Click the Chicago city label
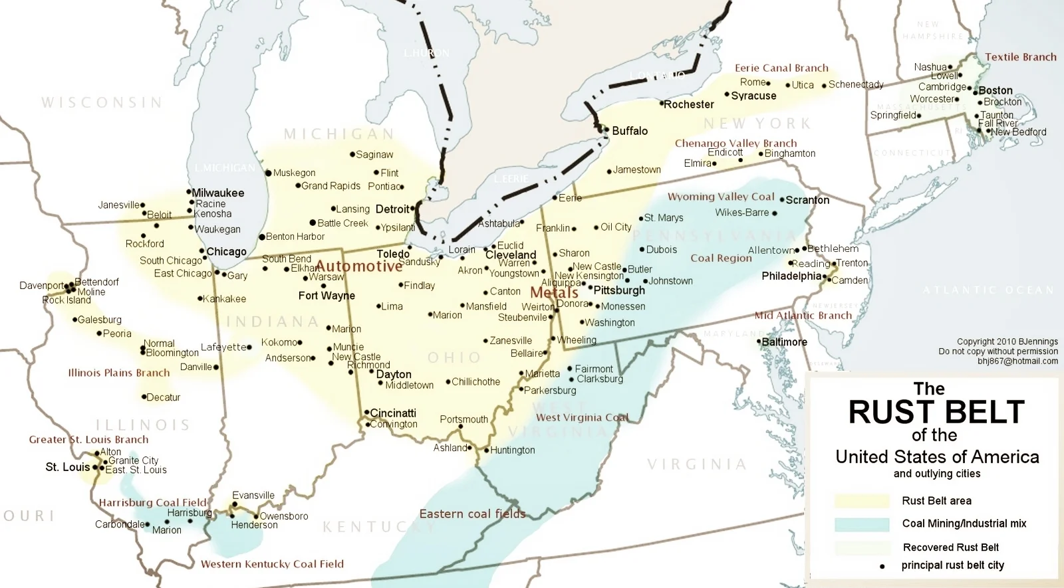click(226, 252)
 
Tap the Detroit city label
click(392, 209)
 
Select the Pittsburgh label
click(619, 290)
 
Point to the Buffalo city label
click(629, 131)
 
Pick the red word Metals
click(554, 293)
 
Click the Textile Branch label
click(1020, 57)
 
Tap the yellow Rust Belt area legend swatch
click(861, 501)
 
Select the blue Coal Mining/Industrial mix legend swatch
click(861, 524)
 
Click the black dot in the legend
click(882, 566)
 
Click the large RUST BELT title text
click(936, 413)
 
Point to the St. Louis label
click(67, 467)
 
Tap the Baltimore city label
click(784, 342)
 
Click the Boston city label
click(995, 90)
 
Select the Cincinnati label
click(392, 413)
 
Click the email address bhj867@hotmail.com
click(1017, 361)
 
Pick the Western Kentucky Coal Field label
click(272, 564)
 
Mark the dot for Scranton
click(782, 199)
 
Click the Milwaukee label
click(217, 193)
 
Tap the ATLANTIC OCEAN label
click(988, 290)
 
